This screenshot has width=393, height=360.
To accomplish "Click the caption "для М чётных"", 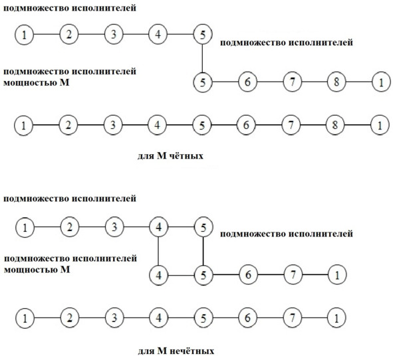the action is point(170,156).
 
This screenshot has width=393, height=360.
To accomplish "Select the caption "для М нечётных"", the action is point(176,351).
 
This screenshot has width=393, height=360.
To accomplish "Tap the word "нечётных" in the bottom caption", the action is point(192,351).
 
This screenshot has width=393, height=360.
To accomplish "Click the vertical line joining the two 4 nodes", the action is point(158,251).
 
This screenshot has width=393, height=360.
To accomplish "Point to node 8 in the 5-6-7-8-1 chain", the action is point(336,82).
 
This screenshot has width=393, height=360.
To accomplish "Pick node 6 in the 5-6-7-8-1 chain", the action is point(247,82).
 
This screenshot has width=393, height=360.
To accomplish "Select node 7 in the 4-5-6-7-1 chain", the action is point(293,275).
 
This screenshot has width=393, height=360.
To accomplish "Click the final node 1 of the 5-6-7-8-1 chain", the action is point(381,82).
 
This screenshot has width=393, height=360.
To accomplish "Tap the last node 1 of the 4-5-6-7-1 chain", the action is point(337,275).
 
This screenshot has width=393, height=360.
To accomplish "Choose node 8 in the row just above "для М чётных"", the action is point(335,125).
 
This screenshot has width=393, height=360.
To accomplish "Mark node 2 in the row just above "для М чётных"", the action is point(68,125).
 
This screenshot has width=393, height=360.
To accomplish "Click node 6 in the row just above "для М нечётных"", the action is point(247,318).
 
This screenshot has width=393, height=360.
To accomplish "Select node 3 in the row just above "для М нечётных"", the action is point(114,318).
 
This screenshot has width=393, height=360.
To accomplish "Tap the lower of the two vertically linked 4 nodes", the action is point(158,276).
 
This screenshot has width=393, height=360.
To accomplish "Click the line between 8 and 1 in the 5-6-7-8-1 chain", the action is point(359,82).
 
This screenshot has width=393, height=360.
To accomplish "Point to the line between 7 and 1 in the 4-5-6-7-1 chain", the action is point(315,275).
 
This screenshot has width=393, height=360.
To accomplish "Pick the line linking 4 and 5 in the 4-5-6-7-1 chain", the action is point(181,276).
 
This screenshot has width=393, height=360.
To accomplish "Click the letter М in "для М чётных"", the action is point(162,156).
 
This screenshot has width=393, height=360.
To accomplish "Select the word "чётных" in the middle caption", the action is point(186,156).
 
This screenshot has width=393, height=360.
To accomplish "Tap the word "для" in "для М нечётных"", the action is point(146,351).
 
